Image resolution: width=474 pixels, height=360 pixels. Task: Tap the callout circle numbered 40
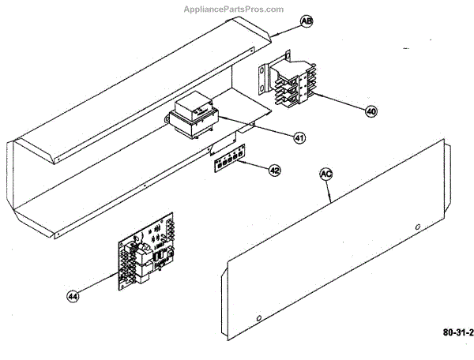point(371,111)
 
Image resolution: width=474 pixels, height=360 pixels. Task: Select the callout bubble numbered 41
point(299,138)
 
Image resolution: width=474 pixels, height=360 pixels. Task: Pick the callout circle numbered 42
point(273,170)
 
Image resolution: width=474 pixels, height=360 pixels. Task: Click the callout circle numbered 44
point(73,296)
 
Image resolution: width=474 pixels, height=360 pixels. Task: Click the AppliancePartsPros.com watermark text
point(233,9)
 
